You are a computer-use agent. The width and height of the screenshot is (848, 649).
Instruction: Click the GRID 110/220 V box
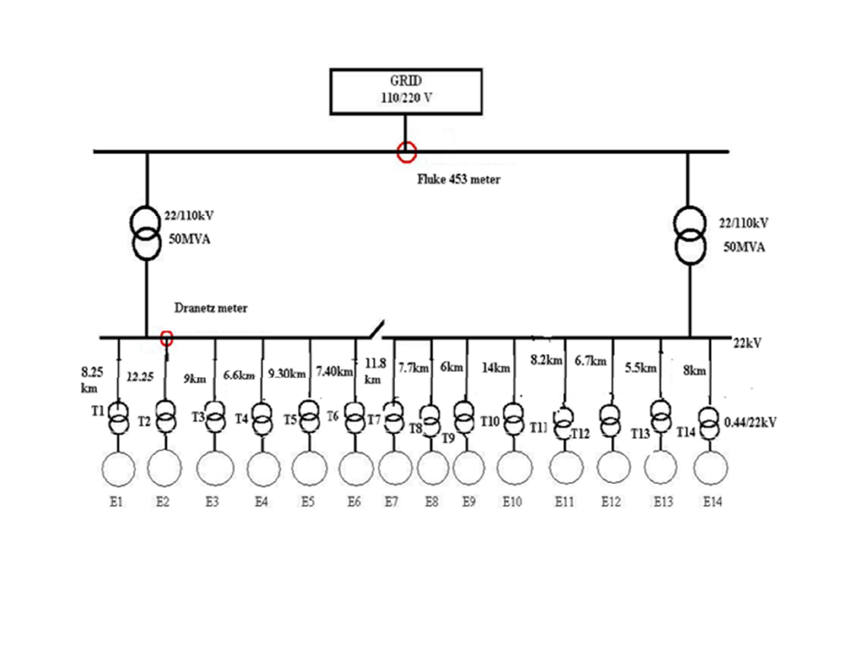[405, 90]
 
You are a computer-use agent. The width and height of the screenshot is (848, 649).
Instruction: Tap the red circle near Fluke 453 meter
[407, 152]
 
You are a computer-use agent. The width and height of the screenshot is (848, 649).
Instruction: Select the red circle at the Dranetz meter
[167, 338]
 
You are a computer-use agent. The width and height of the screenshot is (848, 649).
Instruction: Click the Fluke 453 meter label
[458, 180]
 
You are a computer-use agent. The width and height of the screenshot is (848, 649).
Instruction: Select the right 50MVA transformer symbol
[689, 236]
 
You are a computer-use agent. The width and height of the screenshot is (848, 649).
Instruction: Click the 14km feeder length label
[496, 368]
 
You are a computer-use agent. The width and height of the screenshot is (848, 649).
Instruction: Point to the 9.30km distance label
[287, 374]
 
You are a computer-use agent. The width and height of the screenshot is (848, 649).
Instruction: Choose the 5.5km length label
[640, 368]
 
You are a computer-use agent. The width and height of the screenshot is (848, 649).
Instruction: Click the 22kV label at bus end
[746, 343]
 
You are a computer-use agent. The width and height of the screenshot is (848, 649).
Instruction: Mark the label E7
[392, 501]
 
